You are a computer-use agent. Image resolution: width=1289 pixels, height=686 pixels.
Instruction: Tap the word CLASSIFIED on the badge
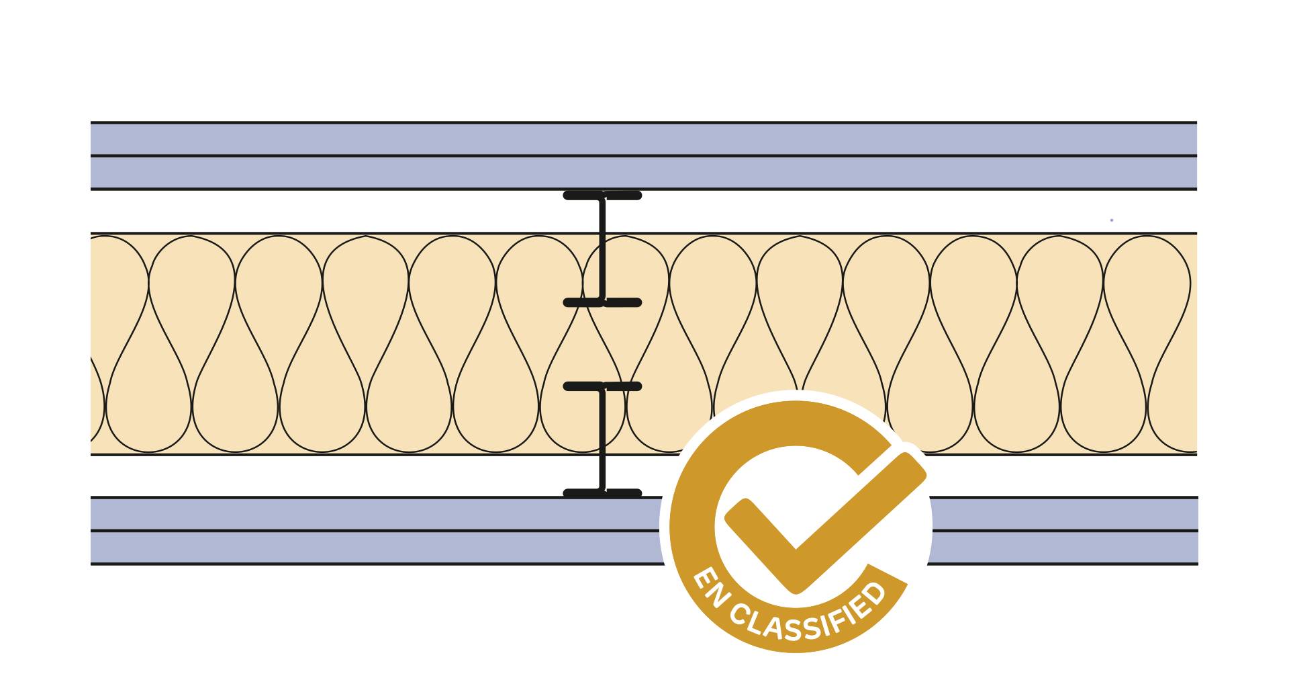[809, 618]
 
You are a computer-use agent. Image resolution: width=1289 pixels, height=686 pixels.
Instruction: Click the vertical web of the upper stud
[602, 249]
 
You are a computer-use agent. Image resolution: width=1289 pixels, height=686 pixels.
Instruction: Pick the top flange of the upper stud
[602, 196]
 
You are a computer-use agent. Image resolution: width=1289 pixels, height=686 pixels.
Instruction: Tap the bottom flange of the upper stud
[602, 303]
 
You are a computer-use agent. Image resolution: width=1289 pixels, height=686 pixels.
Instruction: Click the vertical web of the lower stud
[602, 440]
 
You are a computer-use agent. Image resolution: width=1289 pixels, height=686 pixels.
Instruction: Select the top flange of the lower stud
[602, 386]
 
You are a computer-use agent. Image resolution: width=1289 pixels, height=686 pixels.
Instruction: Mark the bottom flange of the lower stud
[602, 493]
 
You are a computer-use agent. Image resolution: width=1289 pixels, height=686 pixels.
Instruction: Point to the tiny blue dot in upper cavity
[1112, 220]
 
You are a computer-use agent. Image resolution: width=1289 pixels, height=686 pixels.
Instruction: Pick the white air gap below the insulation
[336, 476]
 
